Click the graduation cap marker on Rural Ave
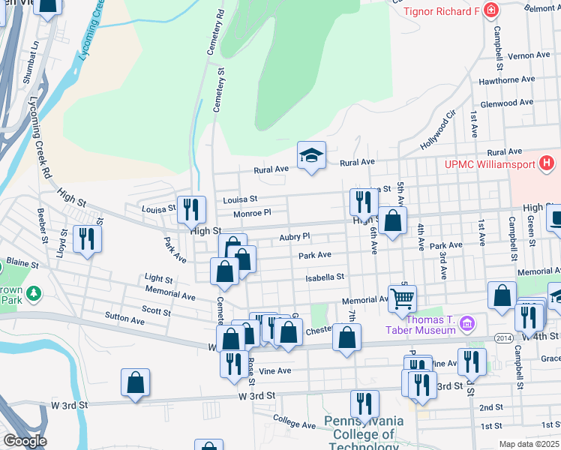tap(311, 155)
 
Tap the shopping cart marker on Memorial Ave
tap(402, 298)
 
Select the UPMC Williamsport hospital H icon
tap(547, 162)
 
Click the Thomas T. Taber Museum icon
tap(468, 324)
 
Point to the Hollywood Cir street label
tap(439, 130)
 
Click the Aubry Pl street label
tap(294, 236)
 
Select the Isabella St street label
tap(324, 277)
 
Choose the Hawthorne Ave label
tap(506, 79)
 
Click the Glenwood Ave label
tap(507, 103)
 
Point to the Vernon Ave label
tap(529, 55)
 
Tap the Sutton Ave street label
tap(124, 319)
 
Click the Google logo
tap(25, 441)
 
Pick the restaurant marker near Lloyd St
tap(88, 239)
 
